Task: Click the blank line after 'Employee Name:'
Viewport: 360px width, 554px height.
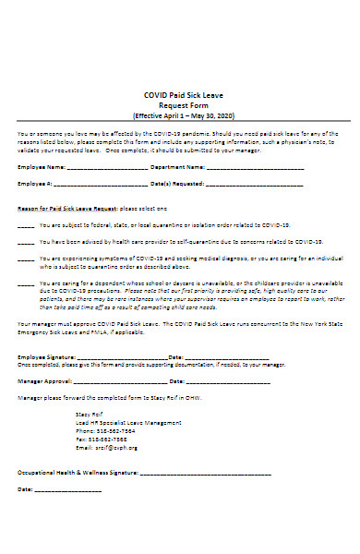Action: coord(102,168)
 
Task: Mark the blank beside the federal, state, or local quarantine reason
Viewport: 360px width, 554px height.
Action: coord(26,225)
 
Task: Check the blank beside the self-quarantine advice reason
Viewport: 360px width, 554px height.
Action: coord(26,242)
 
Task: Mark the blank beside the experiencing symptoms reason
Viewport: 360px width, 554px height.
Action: coord(26,259)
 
